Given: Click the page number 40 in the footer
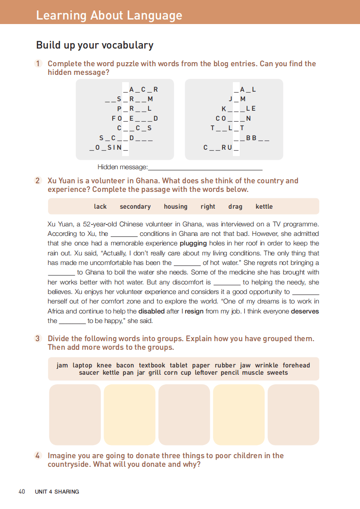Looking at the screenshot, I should pos(21,491).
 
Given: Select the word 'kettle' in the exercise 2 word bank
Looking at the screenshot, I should pos(264,206).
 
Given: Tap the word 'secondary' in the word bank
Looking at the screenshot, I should pos(135,206).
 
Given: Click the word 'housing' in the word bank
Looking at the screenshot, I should pos(175,206).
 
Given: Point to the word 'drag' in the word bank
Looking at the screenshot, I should pos(235,206).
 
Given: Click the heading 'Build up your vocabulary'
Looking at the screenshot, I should pos(94,45).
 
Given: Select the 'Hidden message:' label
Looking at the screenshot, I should pos(123,167).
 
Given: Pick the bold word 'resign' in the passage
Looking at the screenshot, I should pos(194,311).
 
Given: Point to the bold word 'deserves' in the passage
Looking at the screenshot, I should pos(305,311).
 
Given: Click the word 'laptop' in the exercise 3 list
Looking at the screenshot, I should pos(82,365).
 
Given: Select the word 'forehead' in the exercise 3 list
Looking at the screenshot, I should pos(296,365).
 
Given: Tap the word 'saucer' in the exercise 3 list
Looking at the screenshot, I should pos(89,372).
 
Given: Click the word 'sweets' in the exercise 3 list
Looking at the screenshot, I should pos(277,372).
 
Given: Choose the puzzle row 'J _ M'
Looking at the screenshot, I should pos(237,99).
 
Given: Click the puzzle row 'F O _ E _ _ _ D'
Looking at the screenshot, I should pos(134,118).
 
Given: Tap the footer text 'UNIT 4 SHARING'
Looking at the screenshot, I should pos(57,491).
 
